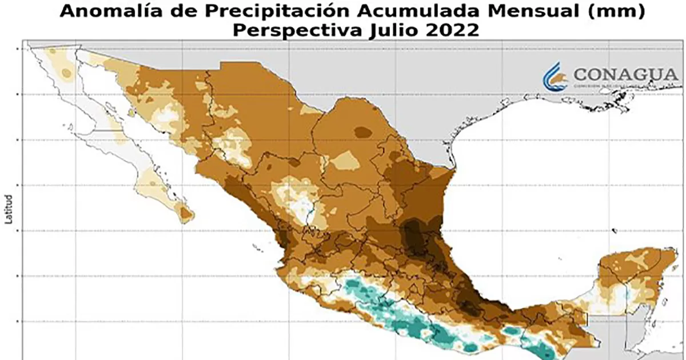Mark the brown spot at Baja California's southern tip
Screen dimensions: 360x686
pos(186,214)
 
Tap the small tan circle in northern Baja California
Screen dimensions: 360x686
pos(66,73)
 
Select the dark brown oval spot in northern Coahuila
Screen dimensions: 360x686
pos(362,132)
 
